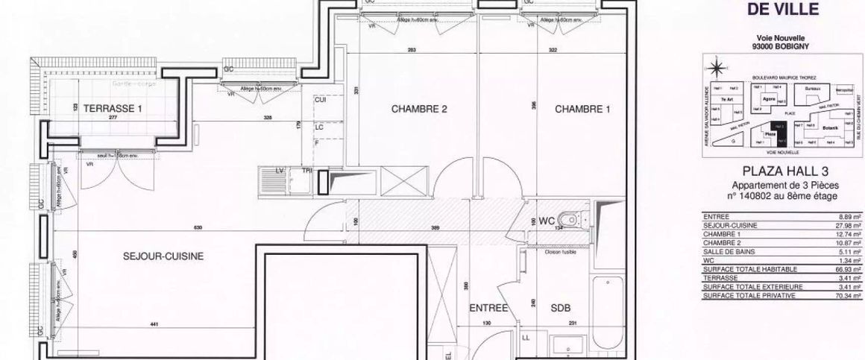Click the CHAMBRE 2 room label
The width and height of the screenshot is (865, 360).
[418, 110]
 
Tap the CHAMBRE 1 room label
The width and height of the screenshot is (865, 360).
[582, 110]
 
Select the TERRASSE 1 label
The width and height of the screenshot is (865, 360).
[112, 109]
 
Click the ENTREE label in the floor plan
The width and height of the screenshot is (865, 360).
[488, 308]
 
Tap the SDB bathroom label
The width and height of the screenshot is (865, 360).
[560, 308]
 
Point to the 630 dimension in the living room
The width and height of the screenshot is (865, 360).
[176, 227]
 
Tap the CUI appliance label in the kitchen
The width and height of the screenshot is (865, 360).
[321, 99]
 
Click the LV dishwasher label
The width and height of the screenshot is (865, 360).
[280, 171]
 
